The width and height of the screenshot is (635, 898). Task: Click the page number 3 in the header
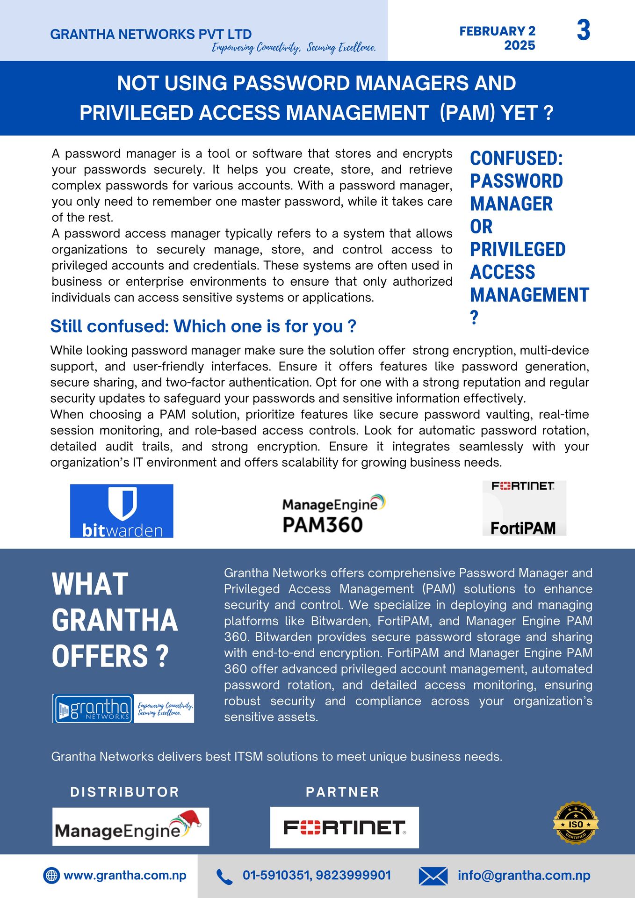click(x=584, y=31)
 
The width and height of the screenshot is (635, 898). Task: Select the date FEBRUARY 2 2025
click(x=498, y=38)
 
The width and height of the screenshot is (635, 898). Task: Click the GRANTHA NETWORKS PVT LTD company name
click(x=151, y=34)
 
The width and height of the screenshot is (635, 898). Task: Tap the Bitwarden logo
click(x=122, y=511)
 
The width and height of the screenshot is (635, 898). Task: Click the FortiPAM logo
click(x=524, y=508)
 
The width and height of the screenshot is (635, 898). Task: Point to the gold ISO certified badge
click(x=576, y=824)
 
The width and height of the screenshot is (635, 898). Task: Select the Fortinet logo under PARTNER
click(x=344, y=827)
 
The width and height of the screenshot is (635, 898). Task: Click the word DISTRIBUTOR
click(x=124, y=792)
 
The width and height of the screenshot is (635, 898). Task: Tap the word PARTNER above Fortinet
click(x=342, y=792)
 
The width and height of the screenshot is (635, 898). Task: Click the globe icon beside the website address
click(x=51, y=875)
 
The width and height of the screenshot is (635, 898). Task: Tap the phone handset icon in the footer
click(x=224, y=876)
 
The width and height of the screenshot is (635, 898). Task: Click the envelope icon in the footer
click(x=433, y=876)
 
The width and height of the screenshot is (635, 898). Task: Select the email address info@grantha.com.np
click(x=524, y=875)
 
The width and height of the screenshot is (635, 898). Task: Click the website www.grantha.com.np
click(x=125, y=875)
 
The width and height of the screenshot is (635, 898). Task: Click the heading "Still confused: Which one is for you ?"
click(x=203, y=326)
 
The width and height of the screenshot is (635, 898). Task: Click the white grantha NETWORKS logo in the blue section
click(x=93, y=709)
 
